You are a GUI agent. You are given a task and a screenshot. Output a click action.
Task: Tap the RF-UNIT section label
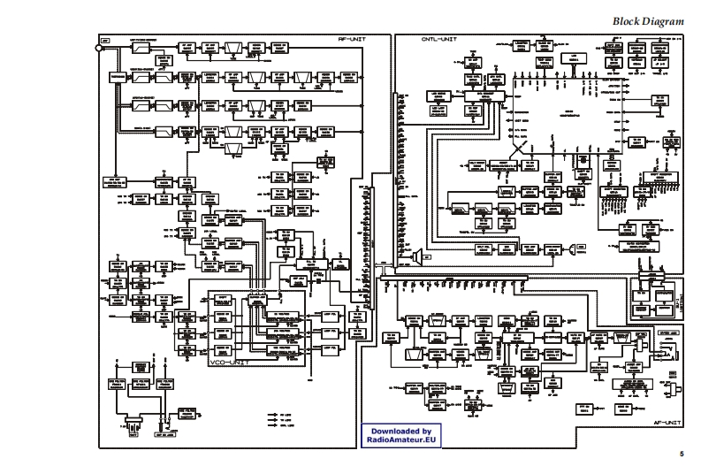(348, 40)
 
